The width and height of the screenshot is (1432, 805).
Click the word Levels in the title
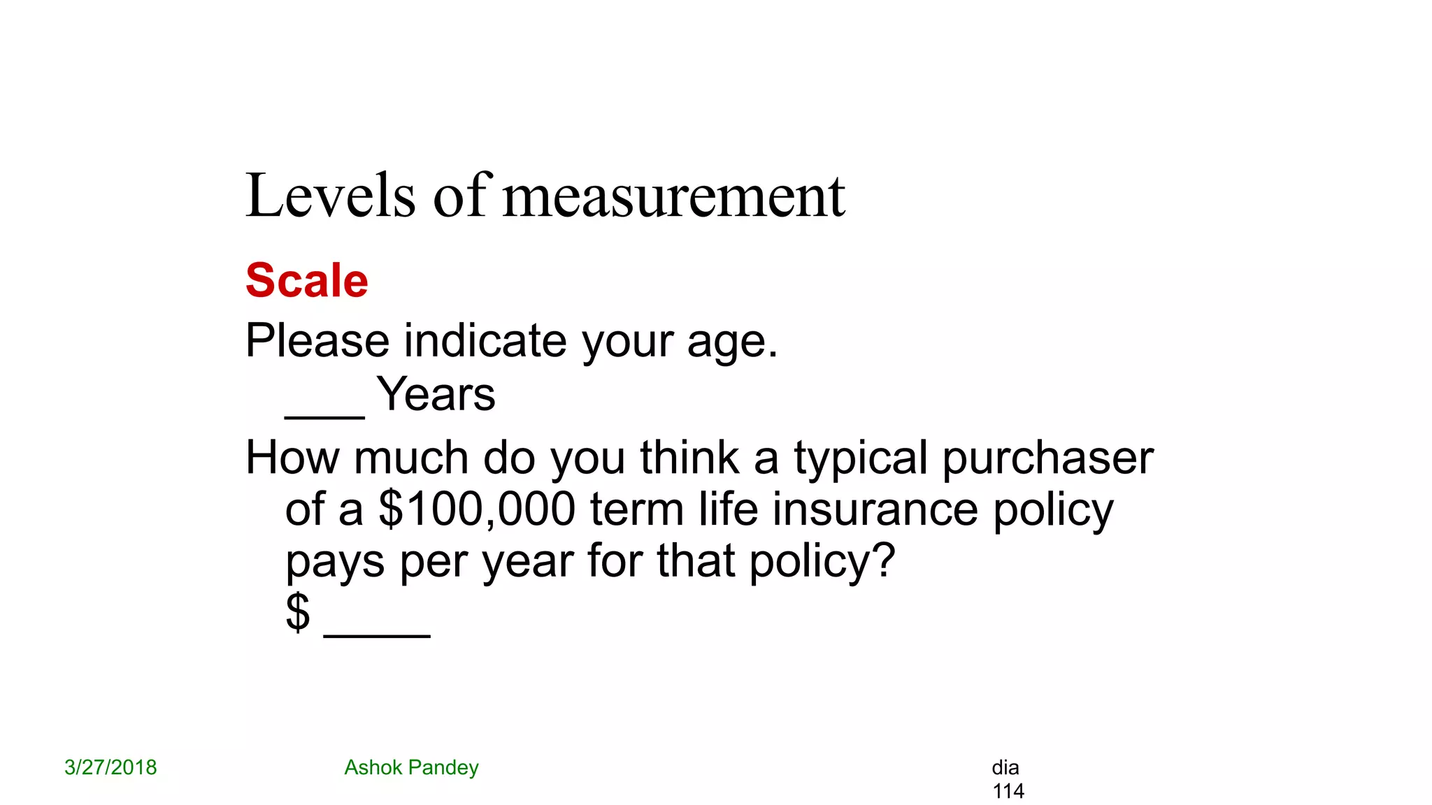point(330,196)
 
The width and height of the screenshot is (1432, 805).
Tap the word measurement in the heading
point(674,196)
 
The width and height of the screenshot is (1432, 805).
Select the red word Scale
point(307,281)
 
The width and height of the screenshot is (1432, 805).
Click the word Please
point(317,341)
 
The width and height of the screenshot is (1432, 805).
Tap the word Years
point(436,395)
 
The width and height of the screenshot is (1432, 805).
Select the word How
point(292,458)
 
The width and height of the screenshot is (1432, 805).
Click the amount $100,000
point(477,510)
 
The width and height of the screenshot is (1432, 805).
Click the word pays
point(335,562)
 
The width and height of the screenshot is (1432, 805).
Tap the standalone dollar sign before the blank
point(298,612)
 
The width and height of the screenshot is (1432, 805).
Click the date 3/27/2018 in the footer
point(110,767)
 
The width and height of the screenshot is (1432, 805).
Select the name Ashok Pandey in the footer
point(411,767)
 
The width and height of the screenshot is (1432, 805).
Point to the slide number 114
point(1008,791)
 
